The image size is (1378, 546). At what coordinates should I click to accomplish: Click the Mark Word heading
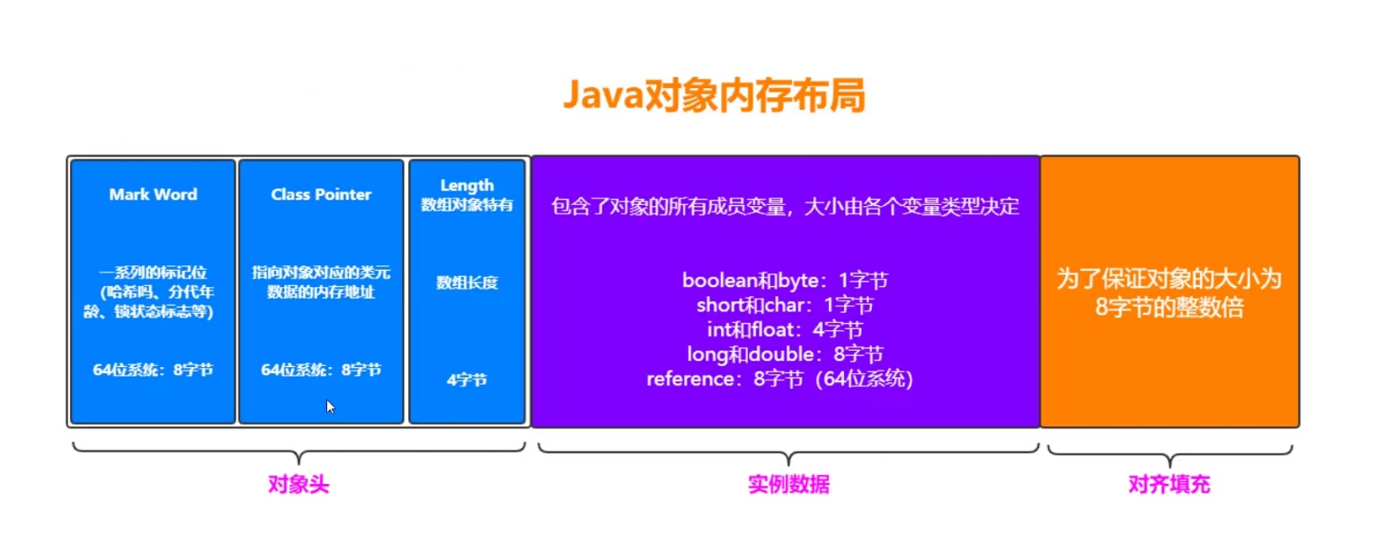point(153,194)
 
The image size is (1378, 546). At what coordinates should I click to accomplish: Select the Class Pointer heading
point(321,194)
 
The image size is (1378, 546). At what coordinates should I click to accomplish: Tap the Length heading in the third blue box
point(467,186)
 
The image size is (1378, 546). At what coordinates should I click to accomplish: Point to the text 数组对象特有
point(467,204)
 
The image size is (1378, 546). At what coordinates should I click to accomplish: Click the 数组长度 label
point(467,282)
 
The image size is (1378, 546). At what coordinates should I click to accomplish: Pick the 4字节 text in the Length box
point(467,380)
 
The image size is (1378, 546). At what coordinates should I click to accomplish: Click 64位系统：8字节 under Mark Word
point(153,370)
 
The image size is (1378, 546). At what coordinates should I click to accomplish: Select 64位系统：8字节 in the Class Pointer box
point(321,370)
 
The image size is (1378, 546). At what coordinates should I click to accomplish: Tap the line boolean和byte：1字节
point(785,280)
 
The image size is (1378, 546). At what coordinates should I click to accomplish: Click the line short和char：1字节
point(785,305)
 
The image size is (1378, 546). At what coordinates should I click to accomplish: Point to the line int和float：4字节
point(785,329)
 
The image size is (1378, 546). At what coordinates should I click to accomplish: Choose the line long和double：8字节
point(785,354)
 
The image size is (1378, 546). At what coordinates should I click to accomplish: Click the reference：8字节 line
point(779,379)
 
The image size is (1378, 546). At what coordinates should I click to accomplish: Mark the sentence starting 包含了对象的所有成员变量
point(785,206)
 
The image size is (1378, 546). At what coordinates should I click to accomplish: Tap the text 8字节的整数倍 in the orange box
point(1169,307)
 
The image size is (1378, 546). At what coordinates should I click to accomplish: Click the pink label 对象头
point(298,485)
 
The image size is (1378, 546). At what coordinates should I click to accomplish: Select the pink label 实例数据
point(788,485)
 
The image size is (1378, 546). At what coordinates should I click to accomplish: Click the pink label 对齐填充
point(1169,485)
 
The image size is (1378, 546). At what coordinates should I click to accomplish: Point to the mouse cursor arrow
point(330,406)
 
